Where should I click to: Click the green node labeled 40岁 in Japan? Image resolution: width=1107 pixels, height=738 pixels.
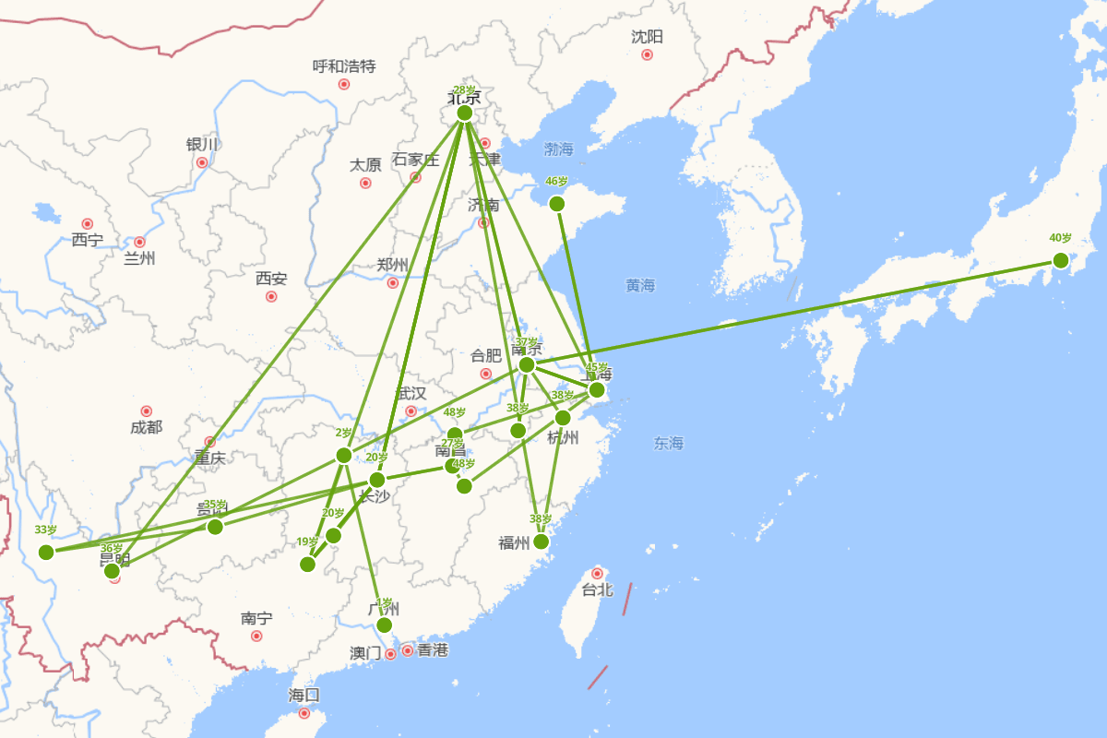(1060, 260)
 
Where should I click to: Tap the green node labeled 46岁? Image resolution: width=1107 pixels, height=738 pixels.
(556, 204)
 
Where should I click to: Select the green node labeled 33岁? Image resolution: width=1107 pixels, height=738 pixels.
(46, 552)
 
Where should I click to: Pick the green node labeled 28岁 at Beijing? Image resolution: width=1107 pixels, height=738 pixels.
(464, 113)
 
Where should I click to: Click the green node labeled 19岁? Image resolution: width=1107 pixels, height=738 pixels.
(308, 564)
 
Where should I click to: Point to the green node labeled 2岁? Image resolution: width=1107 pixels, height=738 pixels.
(343, 455)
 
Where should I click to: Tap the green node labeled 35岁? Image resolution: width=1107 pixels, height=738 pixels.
(215, 527)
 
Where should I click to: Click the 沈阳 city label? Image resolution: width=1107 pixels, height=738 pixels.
(647, 37)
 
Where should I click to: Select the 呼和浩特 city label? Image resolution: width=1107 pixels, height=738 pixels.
(344, 66)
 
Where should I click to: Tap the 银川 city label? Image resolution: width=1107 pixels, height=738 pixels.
(202, 145)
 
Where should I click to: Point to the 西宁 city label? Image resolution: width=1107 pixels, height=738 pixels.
(88, 241)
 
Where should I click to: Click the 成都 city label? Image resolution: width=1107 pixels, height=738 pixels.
(146, 427)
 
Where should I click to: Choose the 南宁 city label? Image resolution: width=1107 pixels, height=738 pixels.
(256, 618)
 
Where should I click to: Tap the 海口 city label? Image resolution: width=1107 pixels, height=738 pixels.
(304, 695)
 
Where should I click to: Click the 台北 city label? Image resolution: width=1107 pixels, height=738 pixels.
(598, 590)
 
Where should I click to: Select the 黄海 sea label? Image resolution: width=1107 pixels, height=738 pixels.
(639, 286)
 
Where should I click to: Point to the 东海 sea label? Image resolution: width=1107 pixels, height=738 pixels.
(669, 444)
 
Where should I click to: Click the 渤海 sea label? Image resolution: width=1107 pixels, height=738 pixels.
(558, 149)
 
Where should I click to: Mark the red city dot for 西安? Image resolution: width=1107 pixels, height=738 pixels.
(271, 296)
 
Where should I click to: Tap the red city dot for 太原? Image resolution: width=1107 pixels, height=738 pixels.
(365, 183)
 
